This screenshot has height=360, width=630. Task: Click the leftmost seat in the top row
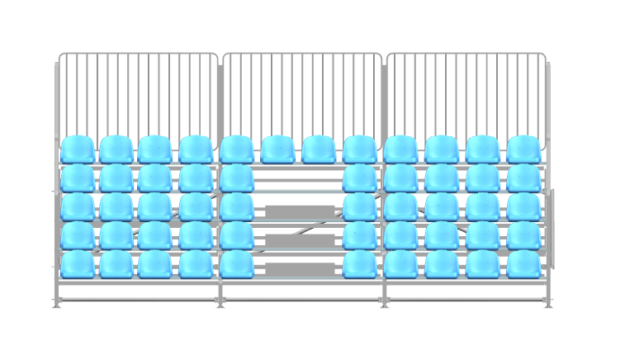coord(77,149)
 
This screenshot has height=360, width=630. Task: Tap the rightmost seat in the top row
coord(523,149)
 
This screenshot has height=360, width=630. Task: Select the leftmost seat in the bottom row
coord(77,264)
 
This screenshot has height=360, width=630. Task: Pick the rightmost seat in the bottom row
coord(523,264)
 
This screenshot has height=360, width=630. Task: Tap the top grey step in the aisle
coord(299,211)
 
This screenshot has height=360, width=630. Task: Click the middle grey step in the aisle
coord(299,240)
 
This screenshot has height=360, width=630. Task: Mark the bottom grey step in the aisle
coord(299,269)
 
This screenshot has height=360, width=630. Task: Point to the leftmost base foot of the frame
coord(57,304)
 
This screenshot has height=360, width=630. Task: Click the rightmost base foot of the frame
coord(548,304)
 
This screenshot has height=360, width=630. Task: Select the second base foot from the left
coord(220,304)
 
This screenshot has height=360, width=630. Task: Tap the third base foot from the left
coord(384,304)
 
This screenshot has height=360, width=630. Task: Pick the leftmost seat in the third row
coord(77,206)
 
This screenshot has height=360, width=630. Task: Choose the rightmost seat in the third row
coord(523,206)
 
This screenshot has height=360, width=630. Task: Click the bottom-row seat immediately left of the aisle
coord(236,264)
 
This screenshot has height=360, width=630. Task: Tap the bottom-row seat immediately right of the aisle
coord(359,264)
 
